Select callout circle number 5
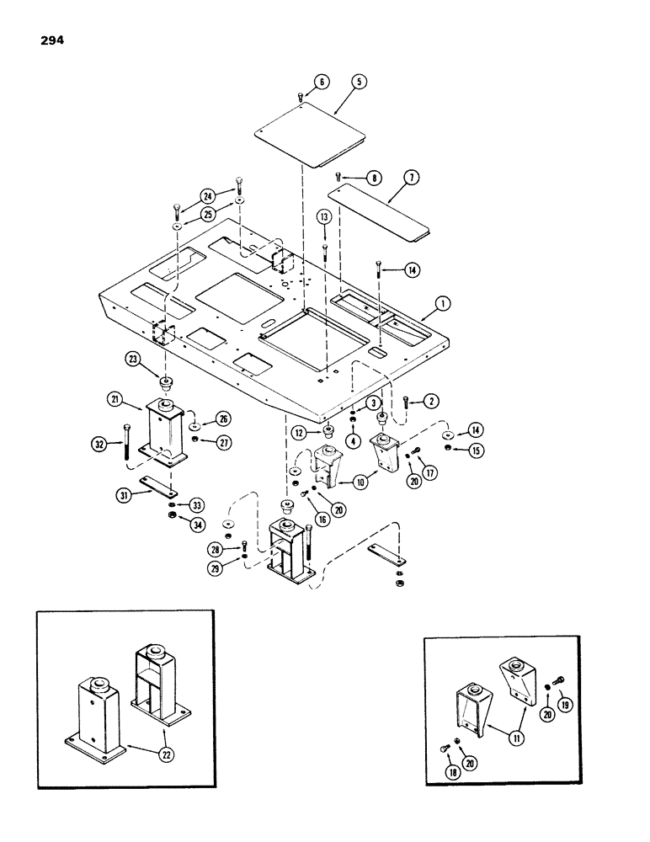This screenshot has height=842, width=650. pyautogui.click(x=360, y=83)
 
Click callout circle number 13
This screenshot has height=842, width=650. pyautogui.click(x=324, y=217)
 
